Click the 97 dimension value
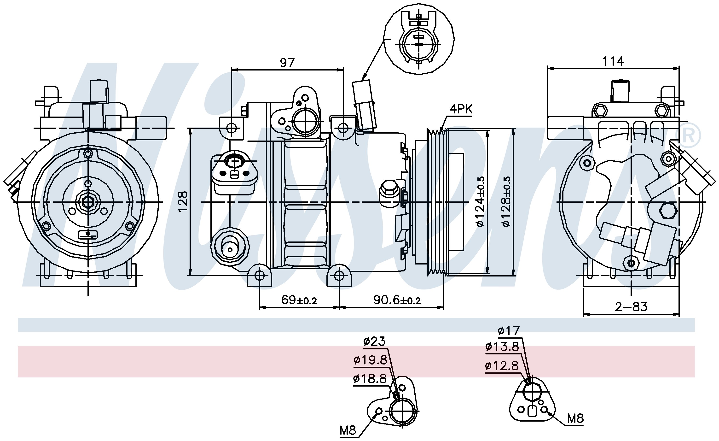click(287, 63)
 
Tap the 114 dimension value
click(613, 61)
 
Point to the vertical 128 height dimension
click(183, 201)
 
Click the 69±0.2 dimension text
click(299, 300)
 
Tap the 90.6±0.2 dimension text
click(397, 300)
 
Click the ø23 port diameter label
click(374, 341)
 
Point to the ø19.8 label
click(370, 360)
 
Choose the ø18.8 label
click(370, 379)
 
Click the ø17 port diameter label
click(509, 331)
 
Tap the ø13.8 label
click(502, 347)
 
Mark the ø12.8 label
click(502, 365)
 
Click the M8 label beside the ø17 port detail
click(575, 419)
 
